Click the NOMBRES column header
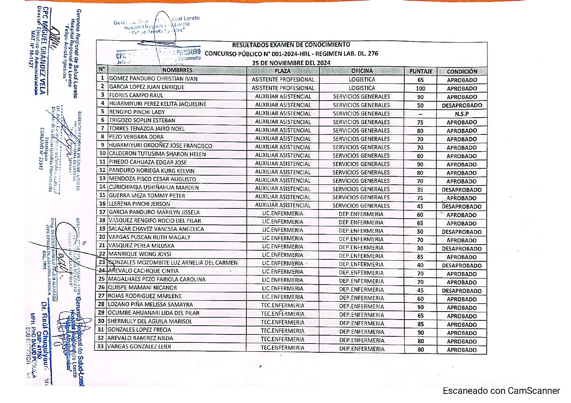tap(177, 70)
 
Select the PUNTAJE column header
tap(421, 71)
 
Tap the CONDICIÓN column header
tap(462, 71)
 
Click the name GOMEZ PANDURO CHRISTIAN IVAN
tap(153, 79)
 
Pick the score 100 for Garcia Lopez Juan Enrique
tap(420, 88)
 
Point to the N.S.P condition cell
tap(462, 114)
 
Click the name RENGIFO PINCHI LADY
tap(137, 112)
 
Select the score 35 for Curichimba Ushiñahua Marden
tap(420, 190)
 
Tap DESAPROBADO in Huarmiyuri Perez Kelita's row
tap(462, 106)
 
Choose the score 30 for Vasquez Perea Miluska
tap(420, 248)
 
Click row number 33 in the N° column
tap(101, 347)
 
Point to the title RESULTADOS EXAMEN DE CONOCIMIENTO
tap(291, 45)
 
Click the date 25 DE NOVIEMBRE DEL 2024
tap(291, 63)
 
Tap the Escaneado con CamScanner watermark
tap(501, 391)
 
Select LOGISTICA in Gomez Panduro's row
tap(362, 80)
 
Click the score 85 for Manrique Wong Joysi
tap(420, 257)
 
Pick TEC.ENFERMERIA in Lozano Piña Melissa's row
tap(283, 305)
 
